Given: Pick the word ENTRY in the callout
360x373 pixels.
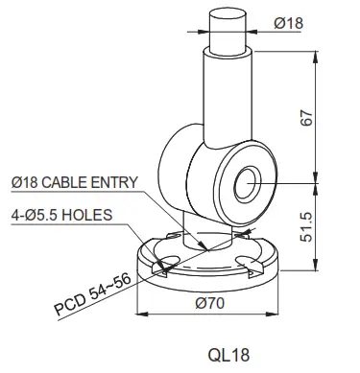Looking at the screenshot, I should click(x=119, y=182).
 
